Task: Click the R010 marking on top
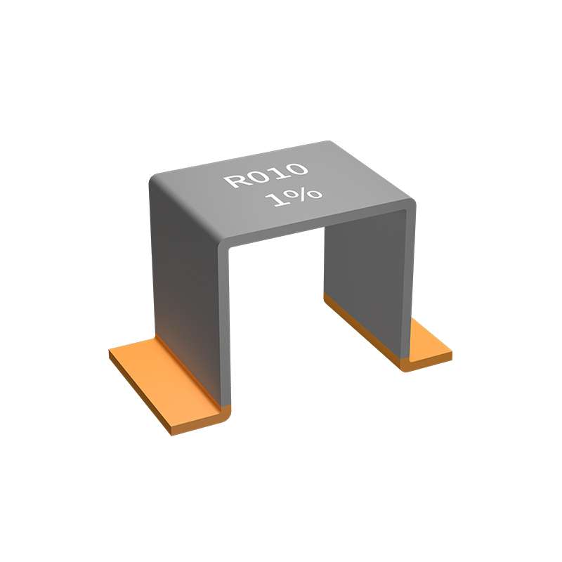266,176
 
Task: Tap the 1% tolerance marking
294,197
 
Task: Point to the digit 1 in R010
277,173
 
